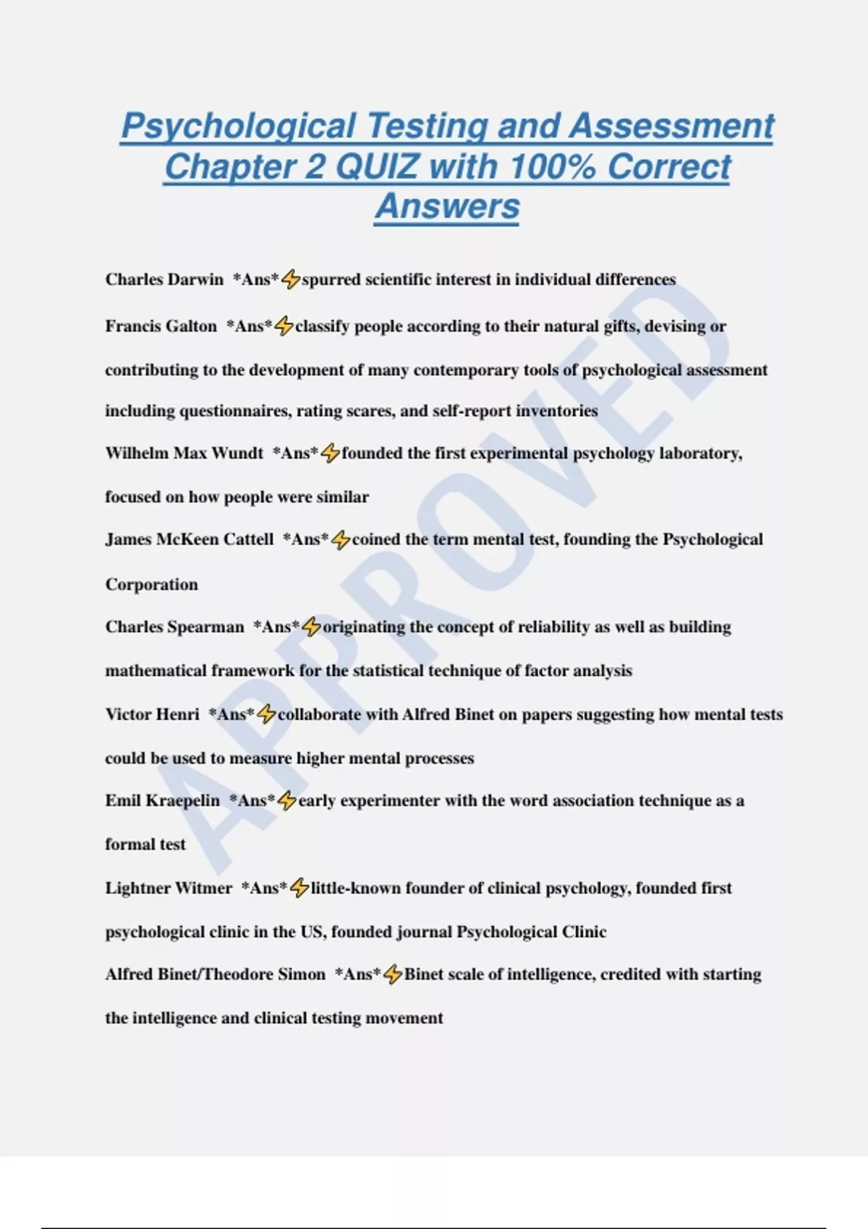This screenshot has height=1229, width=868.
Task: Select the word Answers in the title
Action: (447, 206)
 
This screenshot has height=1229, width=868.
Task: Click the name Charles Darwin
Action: (164, 280)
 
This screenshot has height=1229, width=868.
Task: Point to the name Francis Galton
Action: (161, 327)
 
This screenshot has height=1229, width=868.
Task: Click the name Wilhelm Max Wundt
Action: (184, 453)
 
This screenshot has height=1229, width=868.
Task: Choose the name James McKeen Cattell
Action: (190, 539)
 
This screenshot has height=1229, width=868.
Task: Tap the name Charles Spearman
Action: (174, 627)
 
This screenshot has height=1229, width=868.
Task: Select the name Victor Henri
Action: (152, 714)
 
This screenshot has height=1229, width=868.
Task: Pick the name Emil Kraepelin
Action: (162, 801)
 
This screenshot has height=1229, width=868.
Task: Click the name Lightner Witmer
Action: (169, 888)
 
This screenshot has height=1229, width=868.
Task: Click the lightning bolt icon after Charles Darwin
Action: (290, 279)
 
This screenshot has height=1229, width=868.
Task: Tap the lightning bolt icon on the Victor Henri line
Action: (266, 714)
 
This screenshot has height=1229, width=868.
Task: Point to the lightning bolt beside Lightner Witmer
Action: (299, 888)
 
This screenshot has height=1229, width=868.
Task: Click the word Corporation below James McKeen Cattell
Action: (151, 584)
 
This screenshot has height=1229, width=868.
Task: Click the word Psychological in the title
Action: (238, 127)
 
